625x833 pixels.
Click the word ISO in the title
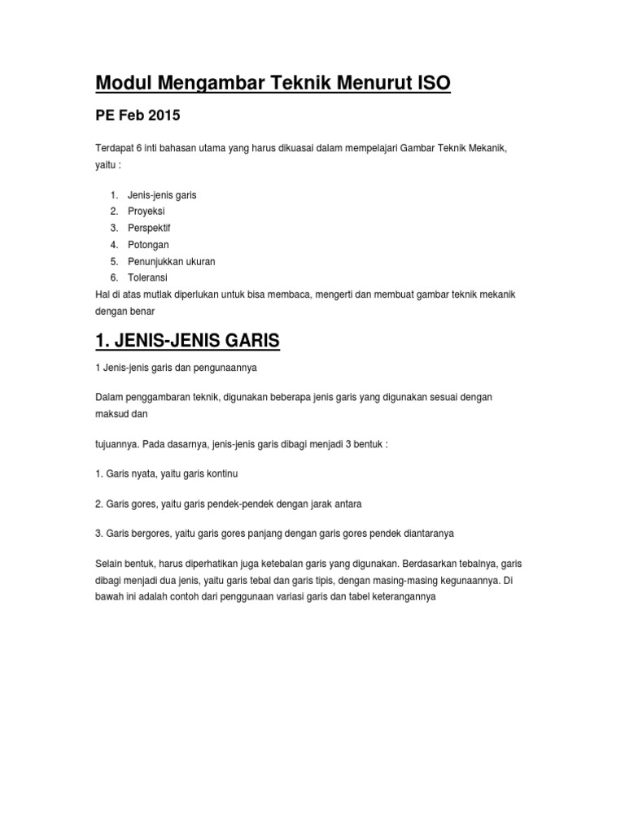point(428,83)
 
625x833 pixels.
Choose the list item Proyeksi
point(146,212)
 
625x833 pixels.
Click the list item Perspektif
point(150,228)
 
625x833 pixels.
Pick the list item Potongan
point(148,245)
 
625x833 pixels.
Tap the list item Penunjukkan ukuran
point(171,261)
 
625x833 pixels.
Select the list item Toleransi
point(147,277)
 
